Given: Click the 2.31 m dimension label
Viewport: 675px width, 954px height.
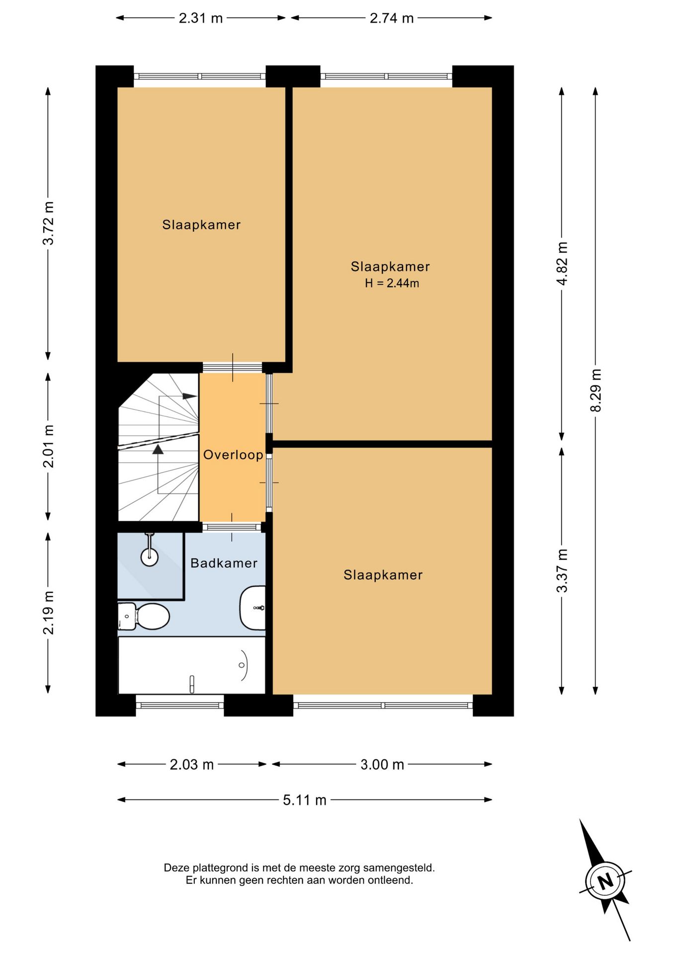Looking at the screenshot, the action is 201,18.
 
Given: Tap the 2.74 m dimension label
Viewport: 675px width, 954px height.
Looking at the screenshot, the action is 392,18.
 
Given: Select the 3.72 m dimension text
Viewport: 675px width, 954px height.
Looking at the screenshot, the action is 48,223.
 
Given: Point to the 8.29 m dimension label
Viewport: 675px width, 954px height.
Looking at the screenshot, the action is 595,390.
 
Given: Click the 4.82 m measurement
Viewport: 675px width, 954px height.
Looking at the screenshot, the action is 562,263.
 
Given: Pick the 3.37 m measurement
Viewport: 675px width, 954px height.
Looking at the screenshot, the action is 562,570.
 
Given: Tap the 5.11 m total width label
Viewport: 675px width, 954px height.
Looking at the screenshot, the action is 305,800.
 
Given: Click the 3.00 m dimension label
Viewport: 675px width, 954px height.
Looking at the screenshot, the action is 382,764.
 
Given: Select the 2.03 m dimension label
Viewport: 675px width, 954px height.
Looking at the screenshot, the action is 192,764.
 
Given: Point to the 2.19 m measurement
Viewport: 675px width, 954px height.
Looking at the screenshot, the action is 48,613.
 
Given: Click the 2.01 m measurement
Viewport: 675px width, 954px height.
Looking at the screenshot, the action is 48,446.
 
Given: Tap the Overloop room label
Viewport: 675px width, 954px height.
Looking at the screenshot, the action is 233,455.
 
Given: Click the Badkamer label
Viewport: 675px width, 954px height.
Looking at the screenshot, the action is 224,563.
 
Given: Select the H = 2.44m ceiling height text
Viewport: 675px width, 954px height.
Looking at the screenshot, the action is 392,283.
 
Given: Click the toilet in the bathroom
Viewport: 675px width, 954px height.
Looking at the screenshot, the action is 144,616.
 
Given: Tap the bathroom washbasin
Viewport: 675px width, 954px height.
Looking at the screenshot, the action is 253,608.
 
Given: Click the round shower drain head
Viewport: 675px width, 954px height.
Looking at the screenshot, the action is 150,557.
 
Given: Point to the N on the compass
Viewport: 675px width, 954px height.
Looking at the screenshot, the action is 605,881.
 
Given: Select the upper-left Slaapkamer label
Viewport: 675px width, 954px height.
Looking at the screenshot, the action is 201,225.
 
